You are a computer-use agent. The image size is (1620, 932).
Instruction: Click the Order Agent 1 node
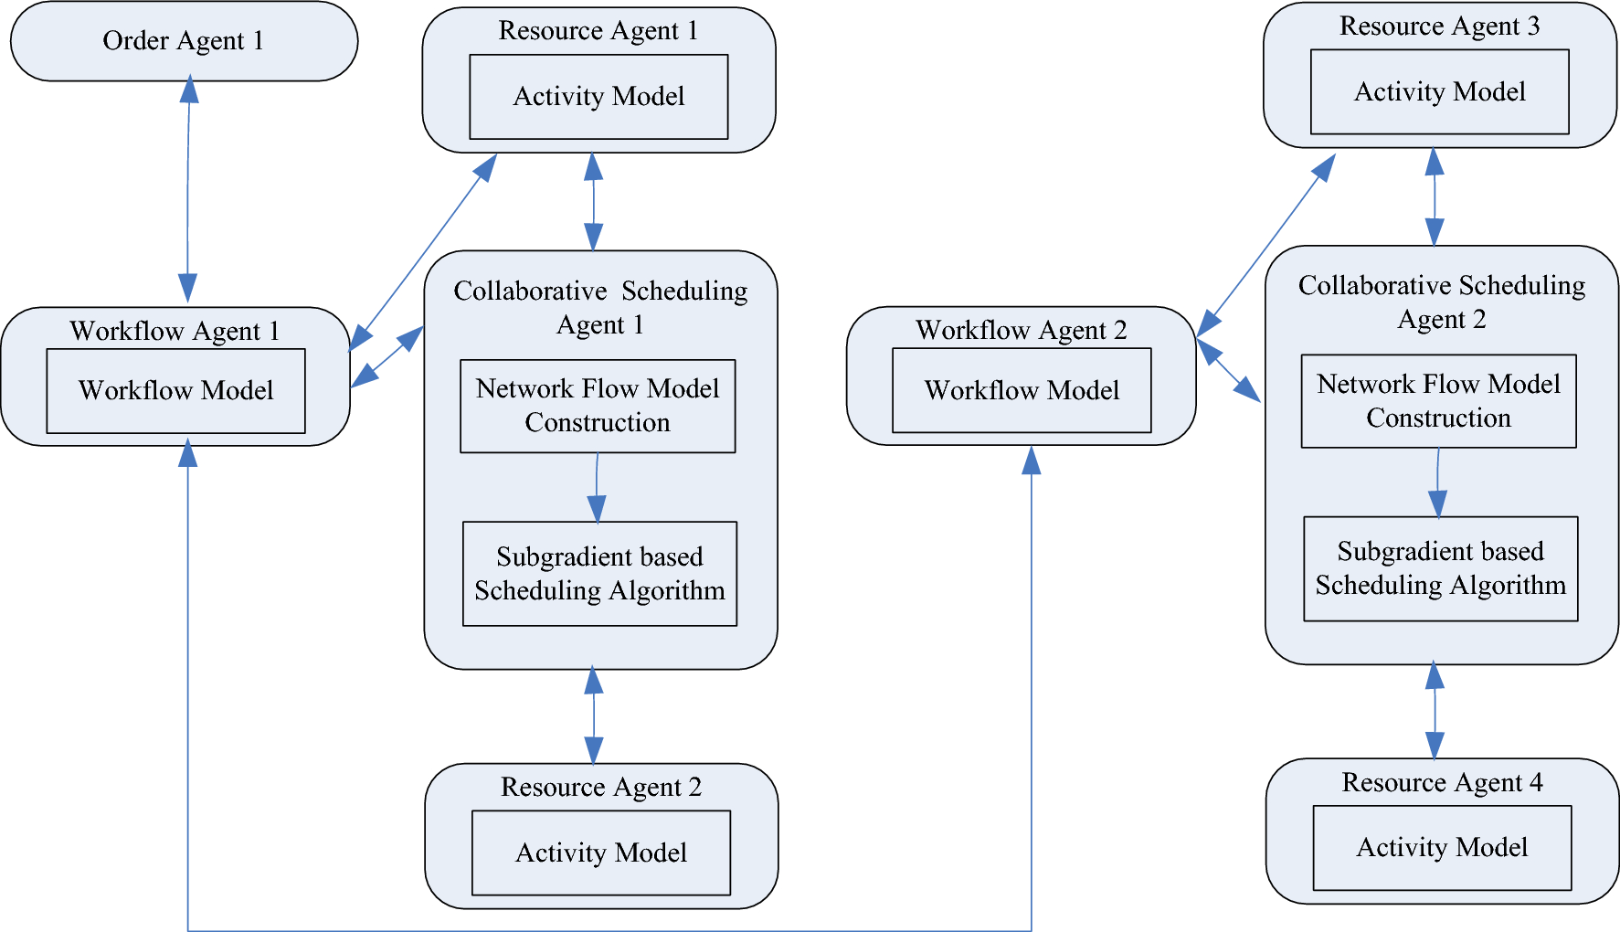coord(183,41)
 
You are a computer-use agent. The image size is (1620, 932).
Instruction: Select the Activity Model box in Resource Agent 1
coord(598,97)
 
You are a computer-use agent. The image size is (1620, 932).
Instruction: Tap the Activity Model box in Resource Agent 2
coord(601,853)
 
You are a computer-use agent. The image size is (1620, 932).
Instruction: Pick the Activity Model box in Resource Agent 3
coord(1439,92)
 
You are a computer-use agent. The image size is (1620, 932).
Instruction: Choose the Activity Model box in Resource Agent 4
coord(1442,848)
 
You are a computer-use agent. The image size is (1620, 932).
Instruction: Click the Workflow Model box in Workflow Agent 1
coord(175,391)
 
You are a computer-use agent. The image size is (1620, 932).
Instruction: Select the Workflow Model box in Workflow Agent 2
coord(1022,391)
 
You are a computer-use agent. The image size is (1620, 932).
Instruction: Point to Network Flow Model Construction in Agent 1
coord(598,406)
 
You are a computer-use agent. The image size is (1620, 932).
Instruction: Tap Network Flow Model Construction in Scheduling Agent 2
coord(1438,401)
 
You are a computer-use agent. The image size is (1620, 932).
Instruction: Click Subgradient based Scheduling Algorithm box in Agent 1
coord(599,574)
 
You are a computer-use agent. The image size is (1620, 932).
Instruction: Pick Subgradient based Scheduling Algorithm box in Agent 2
coord(1440,568)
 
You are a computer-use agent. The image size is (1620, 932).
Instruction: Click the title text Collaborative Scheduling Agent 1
coord(600,307)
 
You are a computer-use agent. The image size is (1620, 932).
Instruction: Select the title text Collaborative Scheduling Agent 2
coord(1441,302)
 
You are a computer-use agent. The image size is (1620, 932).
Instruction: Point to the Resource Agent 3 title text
coord(1439,26)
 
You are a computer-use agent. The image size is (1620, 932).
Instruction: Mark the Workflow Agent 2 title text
coord(1021,330)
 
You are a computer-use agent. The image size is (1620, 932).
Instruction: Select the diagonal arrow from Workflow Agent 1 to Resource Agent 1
coord(423,252)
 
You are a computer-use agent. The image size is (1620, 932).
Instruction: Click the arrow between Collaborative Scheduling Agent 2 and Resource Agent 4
coord(1435,711)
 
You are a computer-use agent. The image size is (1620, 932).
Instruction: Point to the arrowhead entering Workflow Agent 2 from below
coord(1032,461)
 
